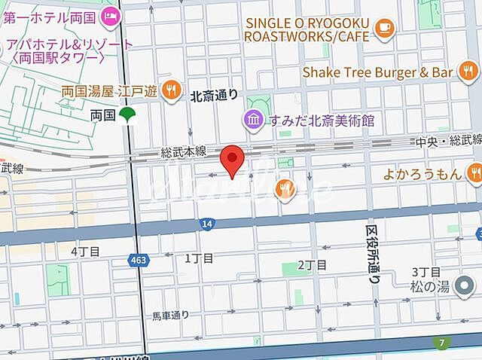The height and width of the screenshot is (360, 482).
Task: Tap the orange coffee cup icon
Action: (385, 28)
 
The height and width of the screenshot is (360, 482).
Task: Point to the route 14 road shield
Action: (206, 223)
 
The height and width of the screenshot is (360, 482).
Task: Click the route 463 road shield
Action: (137, 259)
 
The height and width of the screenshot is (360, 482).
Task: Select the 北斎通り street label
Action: (215, 95)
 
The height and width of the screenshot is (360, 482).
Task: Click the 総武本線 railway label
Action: (184, 152)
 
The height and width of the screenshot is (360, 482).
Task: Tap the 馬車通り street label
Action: (170, 315)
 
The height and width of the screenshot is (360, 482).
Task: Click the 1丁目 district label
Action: (200, 258)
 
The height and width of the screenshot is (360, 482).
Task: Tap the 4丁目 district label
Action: (84, 251)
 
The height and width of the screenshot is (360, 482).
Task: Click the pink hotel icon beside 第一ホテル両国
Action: (111, 14)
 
